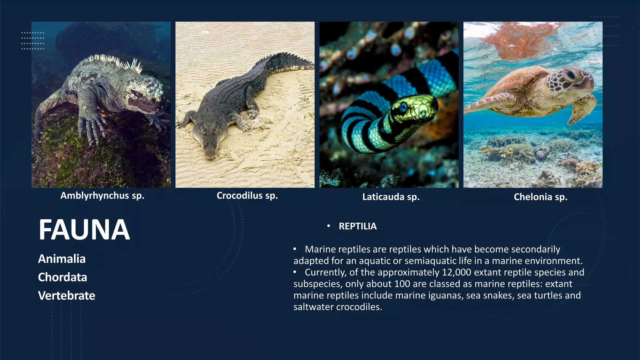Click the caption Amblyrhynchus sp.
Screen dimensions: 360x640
[102, 196]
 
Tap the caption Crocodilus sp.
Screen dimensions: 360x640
[247, 196]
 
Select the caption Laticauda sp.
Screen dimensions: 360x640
[391, 197]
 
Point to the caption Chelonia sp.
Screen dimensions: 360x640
[540, 197]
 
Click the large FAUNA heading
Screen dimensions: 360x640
[84, 230]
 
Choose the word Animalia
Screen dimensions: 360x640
[62, 259]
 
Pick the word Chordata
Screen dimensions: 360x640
[62, 277]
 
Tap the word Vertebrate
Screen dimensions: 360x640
[67, 296]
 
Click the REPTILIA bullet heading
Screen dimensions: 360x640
[357, 226]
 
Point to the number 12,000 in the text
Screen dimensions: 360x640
[456, 272]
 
